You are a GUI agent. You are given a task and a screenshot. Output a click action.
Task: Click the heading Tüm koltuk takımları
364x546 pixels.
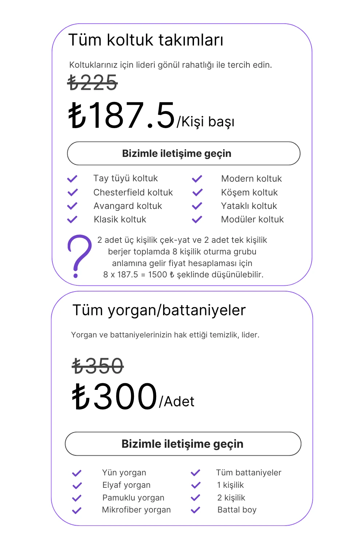tap(146, 40)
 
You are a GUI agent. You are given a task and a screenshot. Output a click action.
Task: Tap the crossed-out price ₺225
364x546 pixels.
tap(93, 83)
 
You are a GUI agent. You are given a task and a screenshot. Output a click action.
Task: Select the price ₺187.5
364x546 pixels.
tap(122, 115)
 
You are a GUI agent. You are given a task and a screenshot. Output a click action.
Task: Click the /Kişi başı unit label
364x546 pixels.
tap(206, 122)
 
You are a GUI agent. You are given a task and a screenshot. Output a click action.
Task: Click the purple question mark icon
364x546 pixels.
tap(79, 256)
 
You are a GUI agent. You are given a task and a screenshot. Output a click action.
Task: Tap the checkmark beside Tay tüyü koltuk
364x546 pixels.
tap(72, 179)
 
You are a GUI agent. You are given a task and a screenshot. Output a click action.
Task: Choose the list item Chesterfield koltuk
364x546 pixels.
tap(133, 193)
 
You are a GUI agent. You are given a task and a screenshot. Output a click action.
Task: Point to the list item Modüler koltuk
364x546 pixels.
tap(252, 219)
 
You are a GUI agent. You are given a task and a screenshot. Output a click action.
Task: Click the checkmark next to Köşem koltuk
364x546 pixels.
tap(197, 192)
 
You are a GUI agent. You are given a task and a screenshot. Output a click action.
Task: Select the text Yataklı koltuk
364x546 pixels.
tap(249, 206)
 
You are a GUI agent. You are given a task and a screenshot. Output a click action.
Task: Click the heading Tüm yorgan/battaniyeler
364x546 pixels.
tap(159, 310)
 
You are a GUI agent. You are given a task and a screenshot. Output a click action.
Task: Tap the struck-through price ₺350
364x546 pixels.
tap(98, 366)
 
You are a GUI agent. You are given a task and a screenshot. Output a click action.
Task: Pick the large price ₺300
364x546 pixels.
tap(115, 397)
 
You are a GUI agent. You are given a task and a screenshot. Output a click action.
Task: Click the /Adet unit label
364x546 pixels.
tap(177, 402)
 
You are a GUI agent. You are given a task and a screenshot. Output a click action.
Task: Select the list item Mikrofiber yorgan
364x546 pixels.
tap(136, 510)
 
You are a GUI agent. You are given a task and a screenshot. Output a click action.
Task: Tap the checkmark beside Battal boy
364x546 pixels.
tap(195, 510)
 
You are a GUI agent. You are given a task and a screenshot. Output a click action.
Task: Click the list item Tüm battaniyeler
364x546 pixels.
tap(249, 473)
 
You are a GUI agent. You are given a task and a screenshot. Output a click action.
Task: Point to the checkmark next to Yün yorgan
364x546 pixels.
tap(76, 473)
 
